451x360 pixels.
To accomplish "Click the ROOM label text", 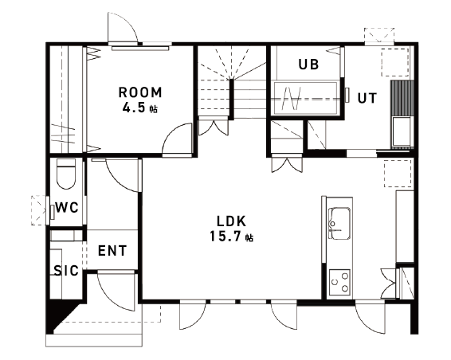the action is [141, 92].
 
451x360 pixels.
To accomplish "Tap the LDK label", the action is [232, 221].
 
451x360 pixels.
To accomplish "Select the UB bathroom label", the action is [308, 65].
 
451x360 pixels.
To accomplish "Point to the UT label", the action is [367, 98].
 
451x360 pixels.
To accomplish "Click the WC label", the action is [67, 207].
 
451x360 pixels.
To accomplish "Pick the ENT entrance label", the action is [112, 250].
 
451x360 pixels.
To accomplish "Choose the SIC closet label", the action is [66, 271].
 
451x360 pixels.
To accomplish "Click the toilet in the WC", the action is [66, 174].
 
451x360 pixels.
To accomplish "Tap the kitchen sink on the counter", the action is [339, 224].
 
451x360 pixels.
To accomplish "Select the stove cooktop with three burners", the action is [339, 282].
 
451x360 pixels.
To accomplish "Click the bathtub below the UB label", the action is [305, 98].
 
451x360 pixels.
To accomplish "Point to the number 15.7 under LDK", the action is [225, 237].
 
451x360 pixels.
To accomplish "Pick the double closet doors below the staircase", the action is [214, 127].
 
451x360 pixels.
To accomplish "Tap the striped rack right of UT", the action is [402, 98].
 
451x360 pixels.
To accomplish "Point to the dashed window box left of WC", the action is [38, 210].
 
